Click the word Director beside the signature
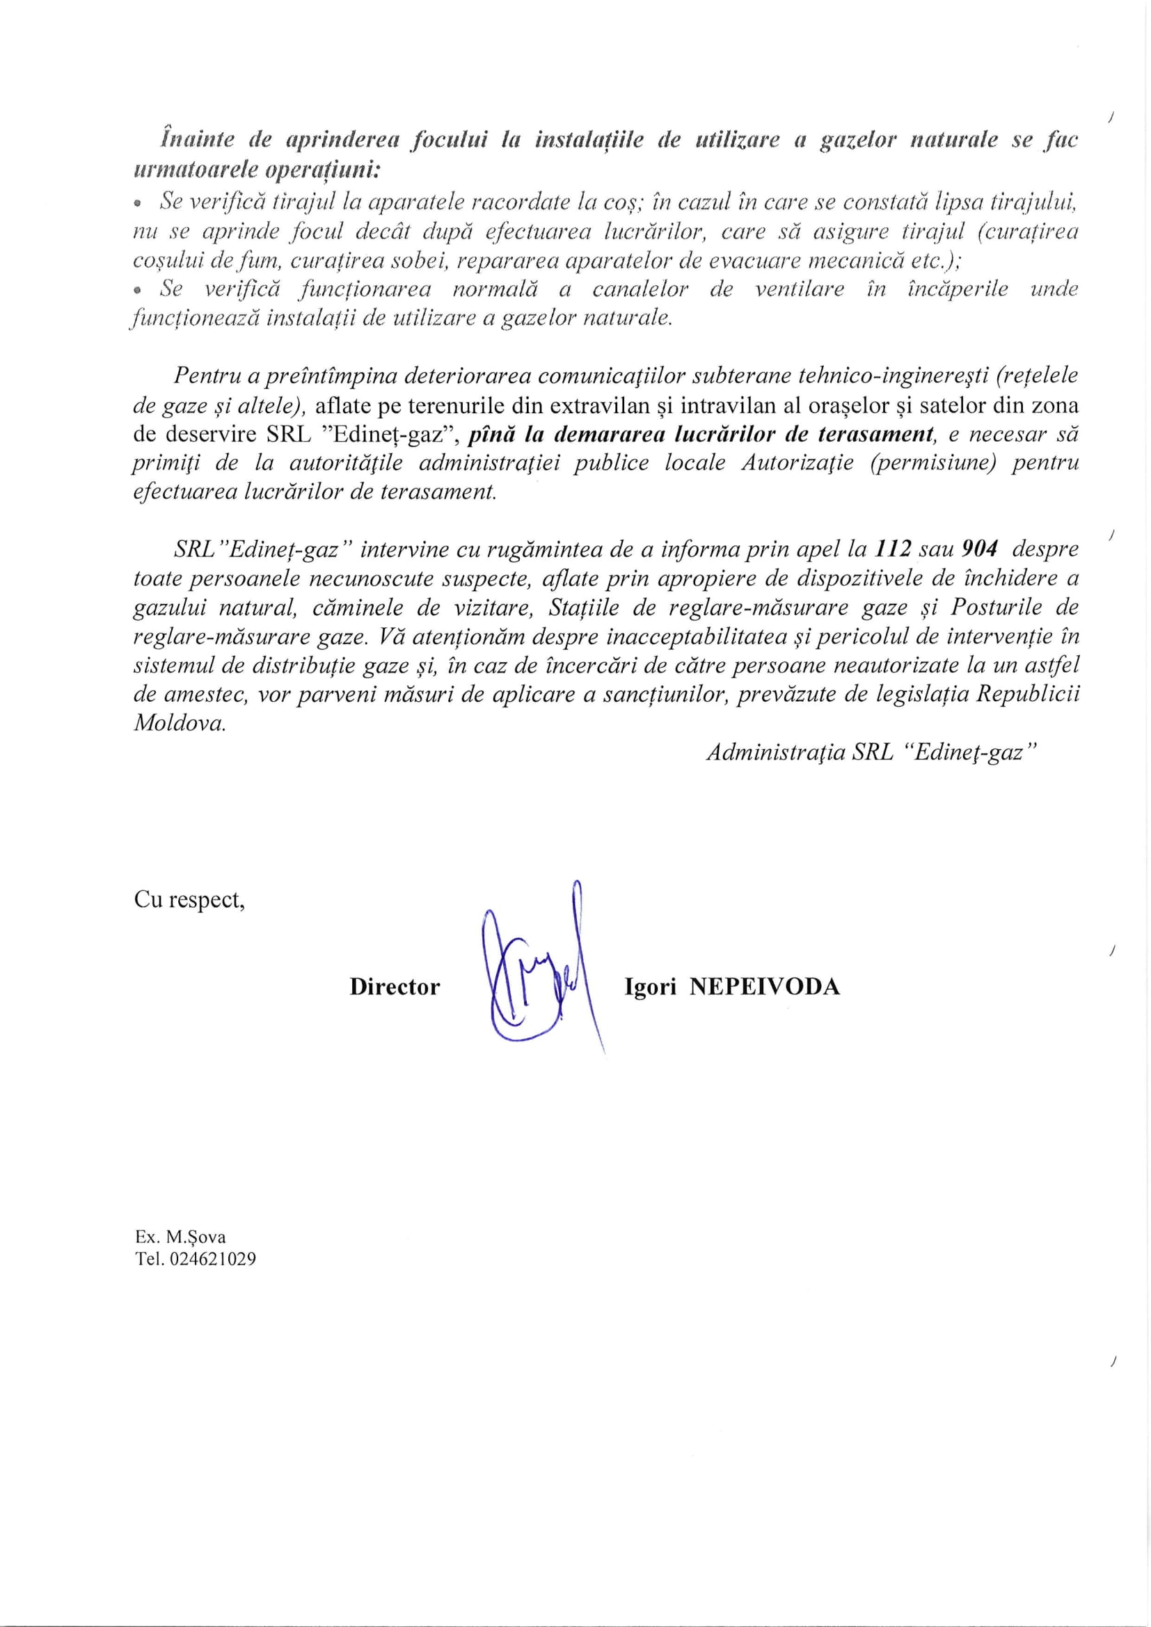pos(394,987)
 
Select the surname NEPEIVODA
pos(765,987)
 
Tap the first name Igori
pos(650,987)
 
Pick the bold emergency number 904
pos(980,550)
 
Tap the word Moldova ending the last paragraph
pos(180,723)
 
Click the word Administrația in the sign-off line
pos(775,753)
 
